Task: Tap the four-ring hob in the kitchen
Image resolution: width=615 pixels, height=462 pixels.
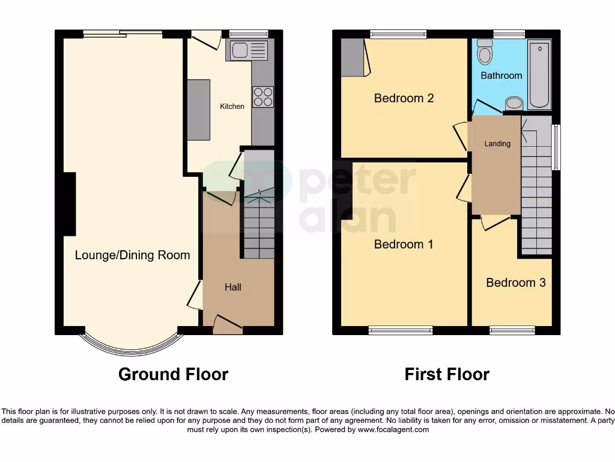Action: [x=263, y=97]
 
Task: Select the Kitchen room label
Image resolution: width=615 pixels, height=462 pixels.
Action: [x=232, y=106]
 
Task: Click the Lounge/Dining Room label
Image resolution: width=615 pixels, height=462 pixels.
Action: [x=132, y=255]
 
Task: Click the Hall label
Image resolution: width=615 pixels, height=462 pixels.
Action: [x=233, y=288]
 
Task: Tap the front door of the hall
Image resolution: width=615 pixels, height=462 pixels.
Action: [x=228, y=325]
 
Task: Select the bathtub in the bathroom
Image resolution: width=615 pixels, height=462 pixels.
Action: [x=540, y=75]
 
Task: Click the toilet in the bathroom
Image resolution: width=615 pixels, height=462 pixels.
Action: [x=484, y=54]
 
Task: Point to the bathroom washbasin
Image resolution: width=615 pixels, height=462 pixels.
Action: [x=514, y=103]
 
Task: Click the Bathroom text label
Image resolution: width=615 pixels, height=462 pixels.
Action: [x=501, y=76]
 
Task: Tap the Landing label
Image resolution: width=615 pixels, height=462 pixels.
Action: [x=497, y=144]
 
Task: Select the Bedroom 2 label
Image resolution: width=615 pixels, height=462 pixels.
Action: [x=404, y=98]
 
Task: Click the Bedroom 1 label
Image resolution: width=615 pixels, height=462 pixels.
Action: [x=404, y=244]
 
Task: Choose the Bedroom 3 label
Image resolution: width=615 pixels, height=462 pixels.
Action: [x=516, y=283]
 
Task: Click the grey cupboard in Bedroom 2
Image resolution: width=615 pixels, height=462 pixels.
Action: [x=352, y=58]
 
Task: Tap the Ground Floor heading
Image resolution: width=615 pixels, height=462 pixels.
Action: [x=173, y=374]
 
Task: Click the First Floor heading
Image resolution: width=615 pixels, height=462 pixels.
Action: [x=447, y=374]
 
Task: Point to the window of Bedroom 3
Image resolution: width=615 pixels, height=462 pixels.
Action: [x=512, y=330]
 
